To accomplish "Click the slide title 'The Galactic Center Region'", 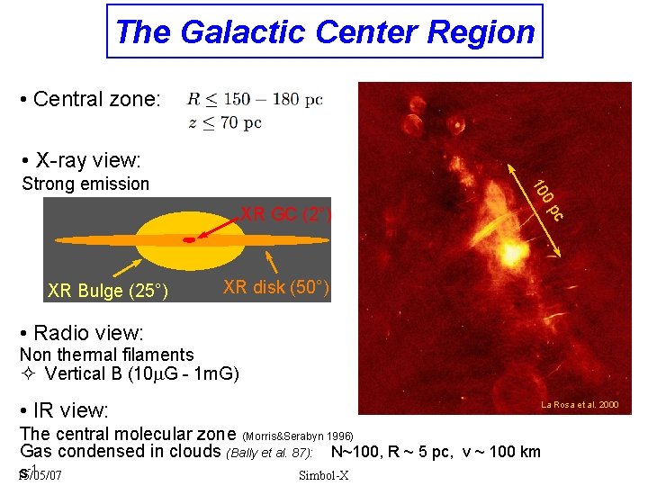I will [325, 32].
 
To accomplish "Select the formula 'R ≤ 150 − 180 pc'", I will [255, 99].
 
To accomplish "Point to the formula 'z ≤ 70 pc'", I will [225, 122].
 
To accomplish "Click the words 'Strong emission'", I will [85, 184].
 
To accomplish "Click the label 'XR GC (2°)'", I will [285, 214].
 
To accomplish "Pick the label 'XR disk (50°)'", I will [276, 287].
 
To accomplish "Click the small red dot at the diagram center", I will [189, 240].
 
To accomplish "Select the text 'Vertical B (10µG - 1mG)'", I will [141, 373].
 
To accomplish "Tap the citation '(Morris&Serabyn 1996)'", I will [303, 436].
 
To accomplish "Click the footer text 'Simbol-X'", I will [324, 475].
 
